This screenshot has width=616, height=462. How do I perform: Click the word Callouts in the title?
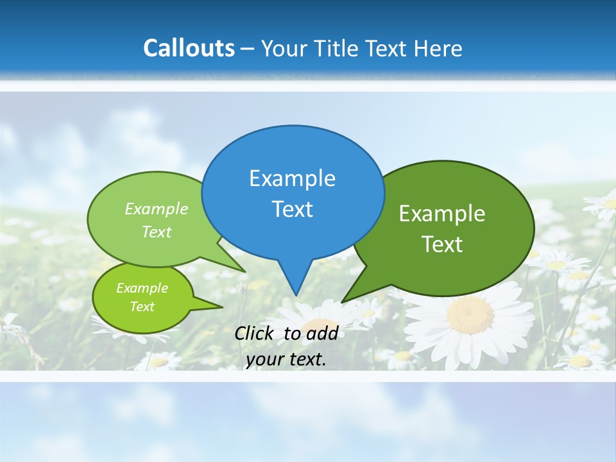click(189, 48)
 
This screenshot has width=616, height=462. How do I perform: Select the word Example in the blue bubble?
click(292, 178)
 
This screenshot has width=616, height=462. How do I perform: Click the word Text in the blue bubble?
click(292, 209)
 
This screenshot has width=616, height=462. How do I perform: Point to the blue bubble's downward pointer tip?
click(296, 295)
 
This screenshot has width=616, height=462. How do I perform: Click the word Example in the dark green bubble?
click(442, 214)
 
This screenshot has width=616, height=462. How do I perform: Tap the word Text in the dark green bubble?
click(442, 244)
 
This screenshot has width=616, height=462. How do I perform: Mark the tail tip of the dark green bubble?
click(343, 302)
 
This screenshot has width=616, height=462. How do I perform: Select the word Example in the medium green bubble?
click(157, 209)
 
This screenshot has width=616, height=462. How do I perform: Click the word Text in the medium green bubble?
click(157, 232)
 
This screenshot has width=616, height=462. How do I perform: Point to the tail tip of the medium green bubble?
click(245, 272)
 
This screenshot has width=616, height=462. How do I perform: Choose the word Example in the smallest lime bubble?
click(142, 288)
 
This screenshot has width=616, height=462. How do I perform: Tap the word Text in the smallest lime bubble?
click(142, 307)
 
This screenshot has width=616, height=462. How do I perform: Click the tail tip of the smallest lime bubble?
click(223, 307)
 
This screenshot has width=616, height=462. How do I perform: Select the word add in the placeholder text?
click(322, 333)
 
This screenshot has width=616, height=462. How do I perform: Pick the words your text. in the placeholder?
click(286, 359)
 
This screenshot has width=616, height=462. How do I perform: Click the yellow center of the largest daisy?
click(470, 314)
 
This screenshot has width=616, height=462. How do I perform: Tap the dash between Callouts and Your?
click(248, 49)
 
